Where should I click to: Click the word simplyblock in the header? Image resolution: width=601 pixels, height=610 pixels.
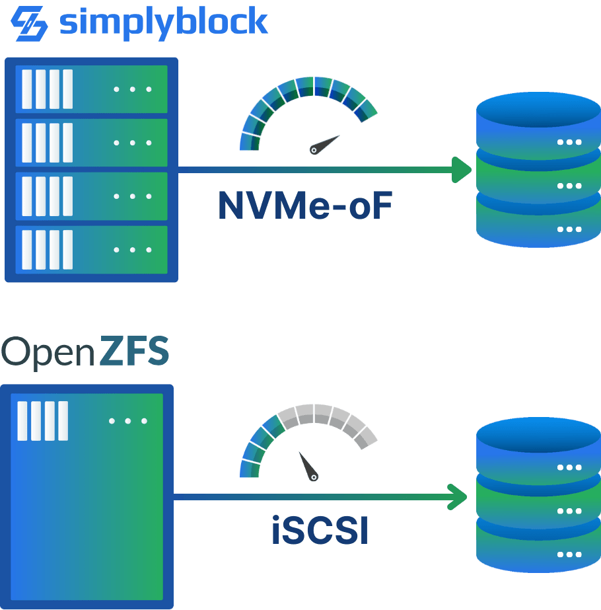pyautogui.click(x=163, y=23)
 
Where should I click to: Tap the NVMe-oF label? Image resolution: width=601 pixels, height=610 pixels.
pyautogui.click(x=306, y=206)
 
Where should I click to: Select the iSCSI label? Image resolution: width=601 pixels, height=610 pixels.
pyautogui.click(x=320, y=532)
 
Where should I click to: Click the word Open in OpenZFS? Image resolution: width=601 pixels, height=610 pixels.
pyautogui.click(x=48, y=352)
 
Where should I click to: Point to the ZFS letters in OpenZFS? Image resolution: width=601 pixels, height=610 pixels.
pyautogui.click(x=135, y=352)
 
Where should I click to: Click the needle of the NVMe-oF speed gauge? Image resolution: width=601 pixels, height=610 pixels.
pyautogui.click(x=325, y=144)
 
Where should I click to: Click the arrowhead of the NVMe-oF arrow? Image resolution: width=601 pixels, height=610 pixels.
pyautogui.click(x=462, y=170)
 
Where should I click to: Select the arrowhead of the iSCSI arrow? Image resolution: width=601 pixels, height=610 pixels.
pyautogui.click(x=458, y=496)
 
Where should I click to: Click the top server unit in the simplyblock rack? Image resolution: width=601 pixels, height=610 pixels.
pyautogui.click(x=91, y=89)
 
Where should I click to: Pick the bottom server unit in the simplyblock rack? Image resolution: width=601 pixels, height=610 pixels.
pyautogui.click(x=91, y=250)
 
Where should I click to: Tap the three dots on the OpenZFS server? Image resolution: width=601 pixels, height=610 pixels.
pyautogui.click(x=128, y=421)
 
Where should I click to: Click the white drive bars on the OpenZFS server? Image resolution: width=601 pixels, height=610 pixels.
pyautogui.click(x=43, y=421)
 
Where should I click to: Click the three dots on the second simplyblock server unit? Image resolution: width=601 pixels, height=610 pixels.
pyautogui.click(x=132, y=143)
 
